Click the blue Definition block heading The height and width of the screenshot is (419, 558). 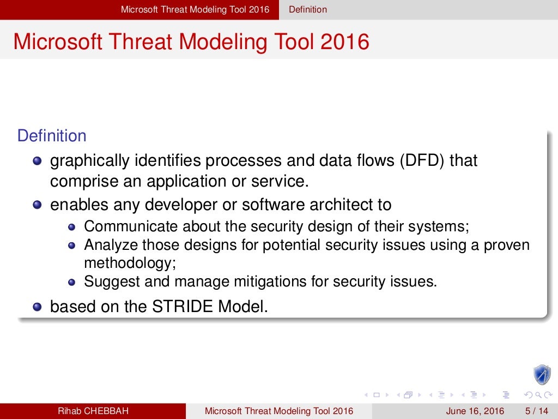52,136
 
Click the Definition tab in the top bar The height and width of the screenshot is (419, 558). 308,9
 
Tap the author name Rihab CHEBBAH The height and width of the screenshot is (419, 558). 93,411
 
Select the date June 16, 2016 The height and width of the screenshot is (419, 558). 475,411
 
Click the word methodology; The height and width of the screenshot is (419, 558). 130,263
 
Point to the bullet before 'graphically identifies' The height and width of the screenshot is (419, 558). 37,161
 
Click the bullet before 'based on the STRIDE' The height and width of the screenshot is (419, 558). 37,307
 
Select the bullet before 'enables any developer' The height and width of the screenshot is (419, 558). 37,205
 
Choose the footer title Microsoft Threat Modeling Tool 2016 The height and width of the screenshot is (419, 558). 278,411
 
